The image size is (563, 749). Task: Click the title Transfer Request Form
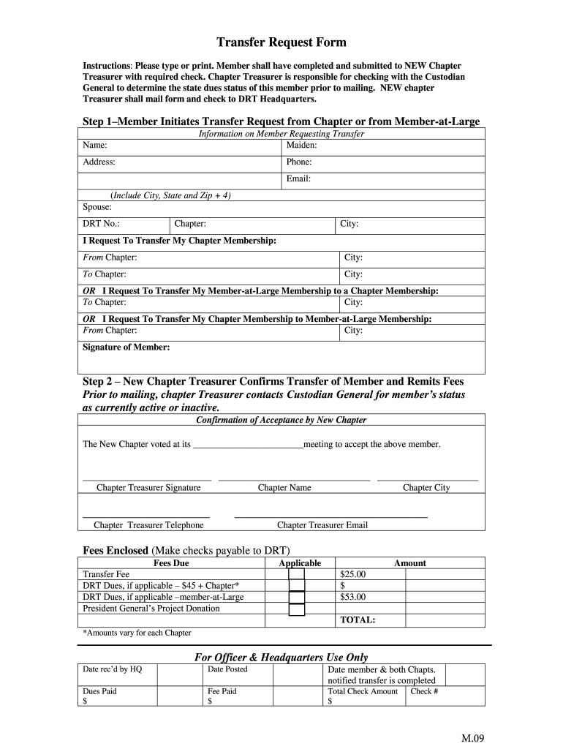281,42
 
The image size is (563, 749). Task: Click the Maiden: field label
301,146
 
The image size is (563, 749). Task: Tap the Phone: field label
300,162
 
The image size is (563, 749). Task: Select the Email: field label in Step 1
299,179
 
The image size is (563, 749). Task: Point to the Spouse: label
97,207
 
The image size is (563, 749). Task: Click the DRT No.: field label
102,224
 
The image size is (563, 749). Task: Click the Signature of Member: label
126,347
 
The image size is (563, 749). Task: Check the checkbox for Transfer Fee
296,575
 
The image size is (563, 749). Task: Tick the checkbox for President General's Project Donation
296,609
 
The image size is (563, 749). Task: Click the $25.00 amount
353,575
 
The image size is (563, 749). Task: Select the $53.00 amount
353,597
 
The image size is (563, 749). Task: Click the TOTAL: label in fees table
358,620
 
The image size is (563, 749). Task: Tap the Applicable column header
300,563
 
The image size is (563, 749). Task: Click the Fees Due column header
171,563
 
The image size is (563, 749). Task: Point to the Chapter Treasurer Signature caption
148,488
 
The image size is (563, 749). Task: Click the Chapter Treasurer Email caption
322,525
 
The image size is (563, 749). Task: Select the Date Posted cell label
227,669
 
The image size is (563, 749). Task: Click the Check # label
424,691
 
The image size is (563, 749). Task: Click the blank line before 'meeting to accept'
247,445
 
